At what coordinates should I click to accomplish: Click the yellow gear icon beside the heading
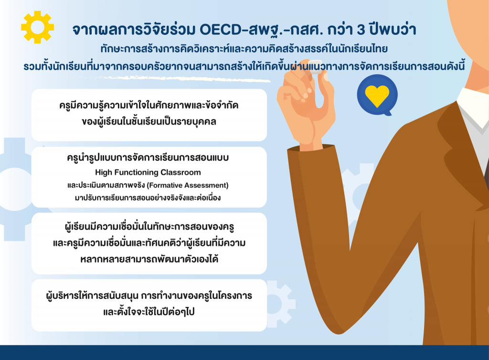point(37,27)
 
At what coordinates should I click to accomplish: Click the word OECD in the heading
point(221,30)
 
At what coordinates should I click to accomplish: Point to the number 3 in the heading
point(361,30)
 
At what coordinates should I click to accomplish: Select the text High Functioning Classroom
point(148,172)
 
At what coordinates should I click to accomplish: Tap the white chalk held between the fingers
point(316,66)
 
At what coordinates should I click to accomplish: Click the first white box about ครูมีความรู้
point(149,115)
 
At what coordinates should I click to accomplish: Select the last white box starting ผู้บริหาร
point(149,305)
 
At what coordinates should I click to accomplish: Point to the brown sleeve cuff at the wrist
point(312,149)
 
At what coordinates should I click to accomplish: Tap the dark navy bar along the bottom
point(244,352)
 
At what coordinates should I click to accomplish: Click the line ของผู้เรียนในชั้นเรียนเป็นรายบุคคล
point(149,122)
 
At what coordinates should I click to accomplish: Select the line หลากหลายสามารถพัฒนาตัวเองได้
point(149,259)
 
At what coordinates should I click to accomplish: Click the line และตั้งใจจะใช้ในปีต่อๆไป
point(149,312)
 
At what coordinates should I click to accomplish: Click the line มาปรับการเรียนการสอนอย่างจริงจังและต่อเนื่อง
point(148,198)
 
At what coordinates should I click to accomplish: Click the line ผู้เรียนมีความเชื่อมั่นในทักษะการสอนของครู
point(149,227)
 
